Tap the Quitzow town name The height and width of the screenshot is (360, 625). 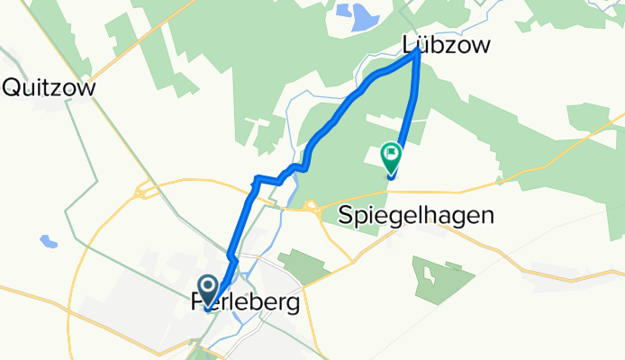[x=51, y=87]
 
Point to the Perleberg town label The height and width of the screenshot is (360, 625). [x=246, y=304]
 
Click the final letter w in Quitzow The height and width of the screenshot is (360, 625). [x=88, y=87]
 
